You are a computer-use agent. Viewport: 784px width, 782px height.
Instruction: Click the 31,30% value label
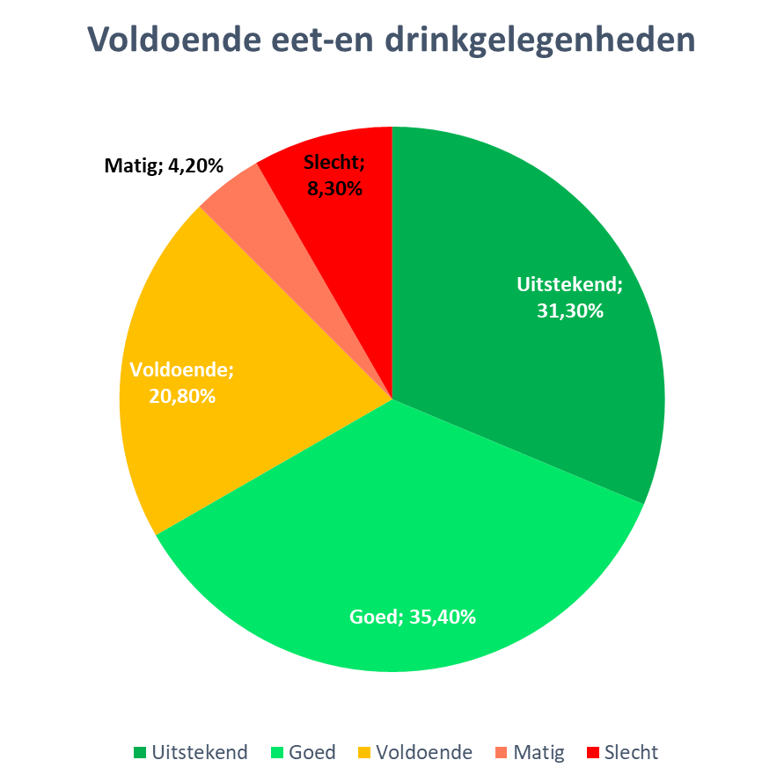570,311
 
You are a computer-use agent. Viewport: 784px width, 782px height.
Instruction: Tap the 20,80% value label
182,396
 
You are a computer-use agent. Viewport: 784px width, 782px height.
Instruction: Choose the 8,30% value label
334,187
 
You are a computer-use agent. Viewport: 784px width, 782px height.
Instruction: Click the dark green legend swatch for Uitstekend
140,753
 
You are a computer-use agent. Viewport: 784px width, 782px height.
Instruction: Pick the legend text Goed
312,753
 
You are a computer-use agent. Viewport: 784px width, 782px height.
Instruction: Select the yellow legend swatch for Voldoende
363,753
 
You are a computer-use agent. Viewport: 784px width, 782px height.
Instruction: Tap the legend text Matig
539,753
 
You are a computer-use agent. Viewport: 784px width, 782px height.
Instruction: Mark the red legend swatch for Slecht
592,753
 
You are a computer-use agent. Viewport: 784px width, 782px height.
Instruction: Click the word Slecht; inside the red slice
334,163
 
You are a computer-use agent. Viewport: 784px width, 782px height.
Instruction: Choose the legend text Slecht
631,753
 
